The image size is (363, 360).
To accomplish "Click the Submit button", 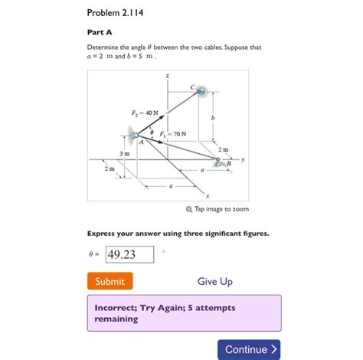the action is pyautogui.click(x=110, y=281).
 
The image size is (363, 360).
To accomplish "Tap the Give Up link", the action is pyautogui.click(x=214, y=282).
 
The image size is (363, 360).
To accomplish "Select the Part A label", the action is pyautogui.click(x=100, y=32).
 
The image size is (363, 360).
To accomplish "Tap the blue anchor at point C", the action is pyautogui.click(x=202, y=93).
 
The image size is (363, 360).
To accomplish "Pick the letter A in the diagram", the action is pyautogui.click(x=141, y=142).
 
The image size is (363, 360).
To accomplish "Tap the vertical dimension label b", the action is pyautogui.click(x=214, y=119).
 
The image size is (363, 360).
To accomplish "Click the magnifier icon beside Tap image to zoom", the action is pyautogui.click(x=188, y=209).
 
